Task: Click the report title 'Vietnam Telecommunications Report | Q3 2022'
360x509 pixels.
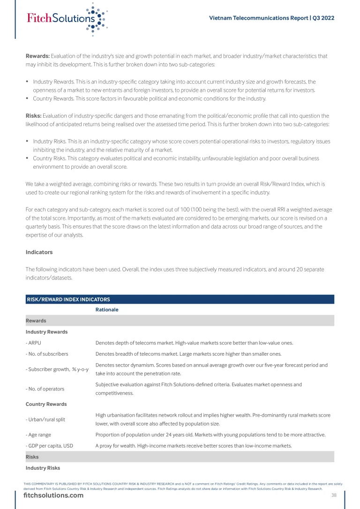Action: [x=271, y=18]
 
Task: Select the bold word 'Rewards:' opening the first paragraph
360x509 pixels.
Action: [x=37, y=56]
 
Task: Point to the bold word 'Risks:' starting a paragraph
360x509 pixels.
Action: [x=34, y=116]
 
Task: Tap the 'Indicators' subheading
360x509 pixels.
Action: [x=39, y=252]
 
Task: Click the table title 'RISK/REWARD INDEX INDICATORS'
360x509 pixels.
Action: [x=68, y=299]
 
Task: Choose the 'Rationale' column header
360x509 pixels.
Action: [x=107, y=310]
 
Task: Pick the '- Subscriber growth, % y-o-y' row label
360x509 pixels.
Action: [x=57, y=369]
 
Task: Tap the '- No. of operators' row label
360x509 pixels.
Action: [x=45, y=389]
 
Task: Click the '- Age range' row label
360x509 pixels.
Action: [x=38, y=434]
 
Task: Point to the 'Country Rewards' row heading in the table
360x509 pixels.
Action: [x=46, y=404]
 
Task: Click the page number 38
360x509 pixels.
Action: [x=334, y=495]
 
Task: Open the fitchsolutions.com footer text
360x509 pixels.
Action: [x=53, y=496]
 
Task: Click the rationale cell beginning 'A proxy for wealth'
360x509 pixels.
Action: [x=194, y=446]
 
